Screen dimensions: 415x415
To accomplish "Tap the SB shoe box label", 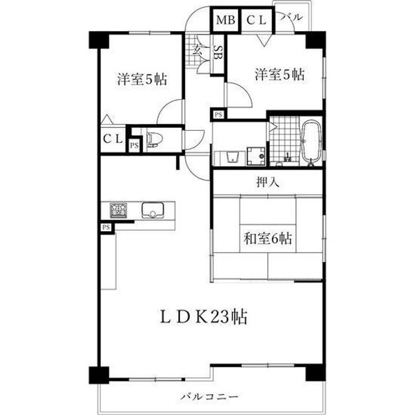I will [x=219, y=55].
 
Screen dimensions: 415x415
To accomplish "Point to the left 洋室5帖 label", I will [x=142, y=80].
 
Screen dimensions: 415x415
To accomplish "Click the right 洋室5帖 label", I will [x=280, y=74].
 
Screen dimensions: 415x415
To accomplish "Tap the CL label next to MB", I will [x=256, y=20].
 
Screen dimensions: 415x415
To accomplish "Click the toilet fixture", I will [x=154, y=139].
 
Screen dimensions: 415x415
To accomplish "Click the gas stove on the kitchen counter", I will [x=119, y=210].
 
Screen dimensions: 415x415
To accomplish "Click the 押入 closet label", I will [x=268, y=183].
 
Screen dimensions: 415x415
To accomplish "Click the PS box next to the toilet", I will [x=134, y=145].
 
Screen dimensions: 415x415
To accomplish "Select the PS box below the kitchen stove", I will [x=106, y=228].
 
